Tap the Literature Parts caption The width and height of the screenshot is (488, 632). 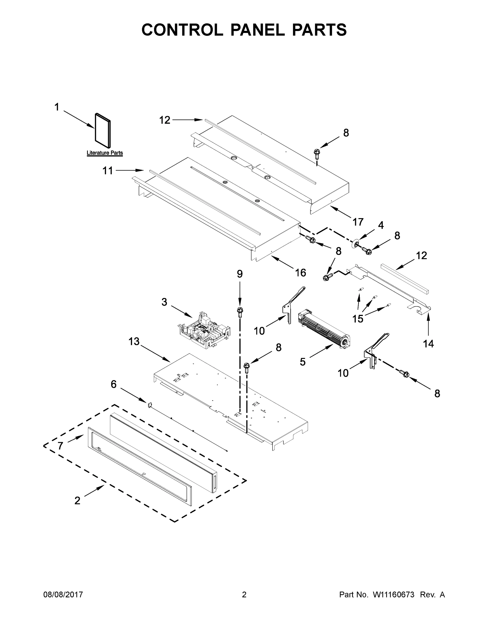click(x=105, y=153)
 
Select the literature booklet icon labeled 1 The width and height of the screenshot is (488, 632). click(x=103, y=129)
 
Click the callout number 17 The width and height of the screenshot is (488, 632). click(x=358, y=222)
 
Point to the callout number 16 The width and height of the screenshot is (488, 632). click(x=300, y=272)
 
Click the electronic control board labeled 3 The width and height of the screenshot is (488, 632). click(x=204, y=330)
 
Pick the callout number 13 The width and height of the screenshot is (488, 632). click(x=134, y=342)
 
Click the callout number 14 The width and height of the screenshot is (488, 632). click(x=428, y=343)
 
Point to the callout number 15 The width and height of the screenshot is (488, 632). click(x=358, y=319)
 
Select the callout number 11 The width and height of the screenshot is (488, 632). click(x=108, y=171)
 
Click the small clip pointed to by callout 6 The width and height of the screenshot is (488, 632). click(x=150, y=404)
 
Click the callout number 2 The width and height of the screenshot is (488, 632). click(x=77, y=501)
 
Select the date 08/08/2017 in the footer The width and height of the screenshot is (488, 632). click(x=63, y=595)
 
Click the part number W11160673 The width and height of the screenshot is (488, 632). click(x=394, y=595)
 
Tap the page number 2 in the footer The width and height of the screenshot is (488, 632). click(x=244, y=595)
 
